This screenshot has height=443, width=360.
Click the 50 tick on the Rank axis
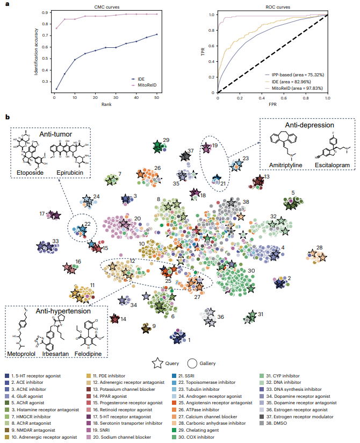click(x=157, y=97)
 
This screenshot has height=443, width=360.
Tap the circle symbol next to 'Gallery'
click(x=194, y=363)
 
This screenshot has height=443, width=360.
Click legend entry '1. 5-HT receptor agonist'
click(x=37, y=375)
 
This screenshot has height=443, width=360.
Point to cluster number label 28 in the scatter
click(x=319, y=247)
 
